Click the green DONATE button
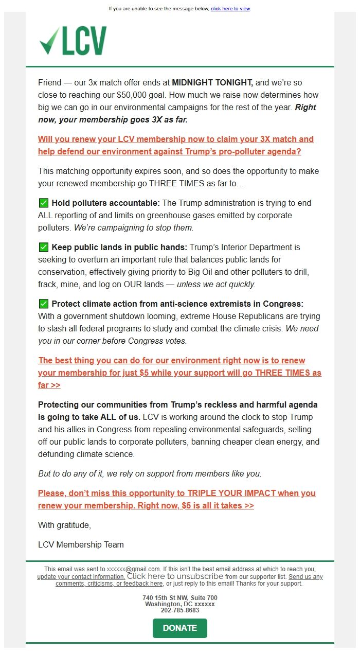(179, 628)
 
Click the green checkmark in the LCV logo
(49, 41)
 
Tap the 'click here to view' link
(230, 9)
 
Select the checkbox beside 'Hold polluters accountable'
(44, 203)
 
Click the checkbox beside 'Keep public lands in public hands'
(44, 247)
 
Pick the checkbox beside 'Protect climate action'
(44, 304)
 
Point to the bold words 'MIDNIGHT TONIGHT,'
(212, 82)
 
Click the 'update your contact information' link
(81, 576)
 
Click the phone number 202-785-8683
(180, 610)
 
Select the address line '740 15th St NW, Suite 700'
(180, 598)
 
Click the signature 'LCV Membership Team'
(81, 544)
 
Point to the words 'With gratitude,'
(64, 525)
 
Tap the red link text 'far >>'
(49, 385)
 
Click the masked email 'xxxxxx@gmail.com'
(133, 569)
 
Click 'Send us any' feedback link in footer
(305, 577)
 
